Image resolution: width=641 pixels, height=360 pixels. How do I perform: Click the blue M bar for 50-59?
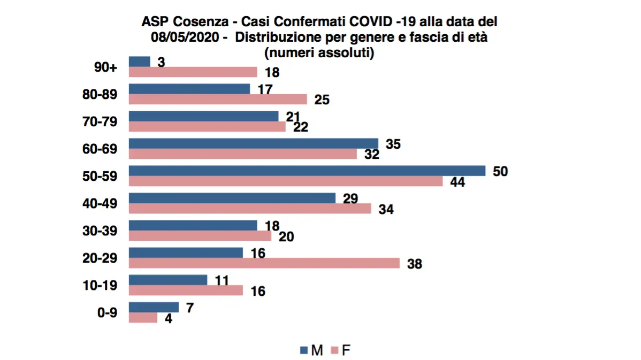click(x=307, y=171)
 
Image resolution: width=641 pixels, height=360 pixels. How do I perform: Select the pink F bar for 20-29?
click(x=264, y=263)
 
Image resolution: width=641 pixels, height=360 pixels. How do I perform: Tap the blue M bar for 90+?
click(x=140, y=62)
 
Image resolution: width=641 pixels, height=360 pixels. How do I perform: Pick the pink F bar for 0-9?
click(x=143, y=318)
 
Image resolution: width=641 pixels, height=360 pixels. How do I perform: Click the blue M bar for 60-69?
click(x=254, y=143)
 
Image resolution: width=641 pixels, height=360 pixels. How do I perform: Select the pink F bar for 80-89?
click(x=218, y=99)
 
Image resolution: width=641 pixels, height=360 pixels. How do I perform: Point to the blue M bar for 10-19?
click(x=168, y=280)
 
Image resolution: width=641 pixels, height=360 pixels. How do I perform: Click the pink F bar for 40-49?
click(x=250, y=209)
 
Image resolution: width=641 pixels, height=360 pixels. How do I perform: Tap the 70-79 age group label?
click(x=102, y=122)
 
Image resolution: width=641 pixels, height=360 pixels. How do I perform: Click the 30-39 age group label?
click(x=102, y=231)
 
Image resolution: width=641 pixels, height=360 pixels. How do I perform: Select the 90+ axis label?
click(x=106, y=67)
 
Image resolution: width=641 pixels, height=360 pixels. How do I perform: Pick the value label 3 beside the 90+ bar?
click(x=160, y=62)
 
